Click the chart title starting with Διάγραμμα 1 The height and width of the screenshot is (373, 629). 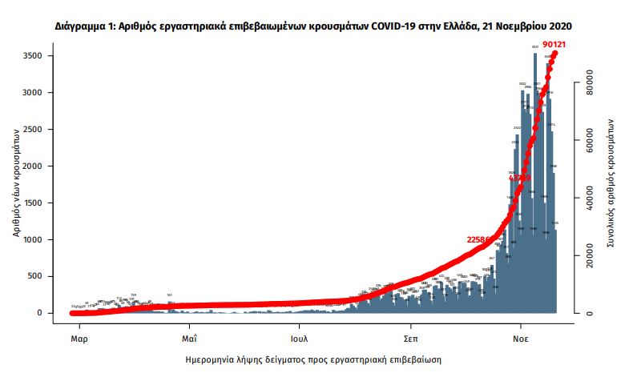click(x=313, y=26)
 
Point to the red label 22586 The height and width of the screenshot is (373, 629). click(x=482, y=239)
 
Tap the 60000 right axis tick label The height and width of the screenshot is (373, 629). click(x=589, y=139)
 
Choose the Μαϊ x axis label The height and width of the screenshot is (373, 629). click(x=189, y=327)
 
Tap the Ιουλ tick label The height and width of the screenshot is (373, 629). click(x=300, y=327)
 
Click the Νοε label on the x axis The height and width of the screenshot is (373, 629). click(x=521, y=327)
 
